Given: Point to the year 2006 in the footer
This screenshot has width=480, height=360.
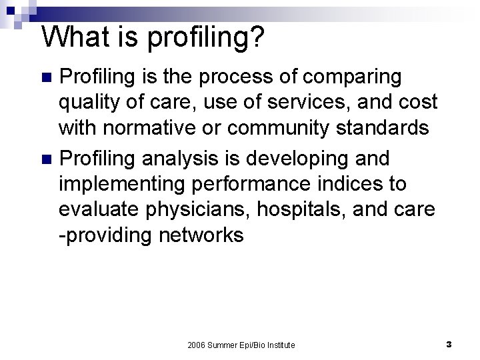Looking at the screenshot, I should (x=197, y=345).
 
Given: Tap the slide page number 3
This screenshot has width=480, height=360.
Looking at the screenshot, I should (x=449, y=345).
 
